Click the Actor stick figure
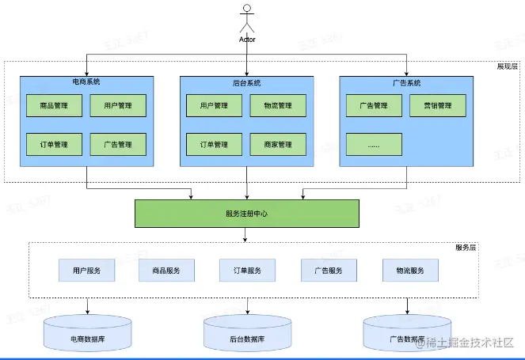[x=247, y=20]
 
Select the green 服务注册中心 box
[x=246, y=214]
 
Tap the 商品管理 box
[x=54, y=105]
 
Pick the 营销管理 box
[x=437, y=105]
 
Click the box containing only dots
[x=374, y=145]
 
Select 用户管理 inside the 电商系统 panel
[x=118, y=105]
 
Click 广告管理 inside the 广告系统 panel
[x=374, y=105]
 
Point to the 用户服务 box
[x=86, y=271]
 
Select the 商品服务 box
[x=166, y=271]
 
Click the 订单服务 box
[x=247, y=271]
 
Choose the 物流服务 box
[x=409, y=271]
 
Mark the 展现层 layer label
[x=507, y=66]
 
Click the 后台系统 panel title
[x=246, y=82]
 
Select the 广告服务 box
[x=328, y=271]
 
